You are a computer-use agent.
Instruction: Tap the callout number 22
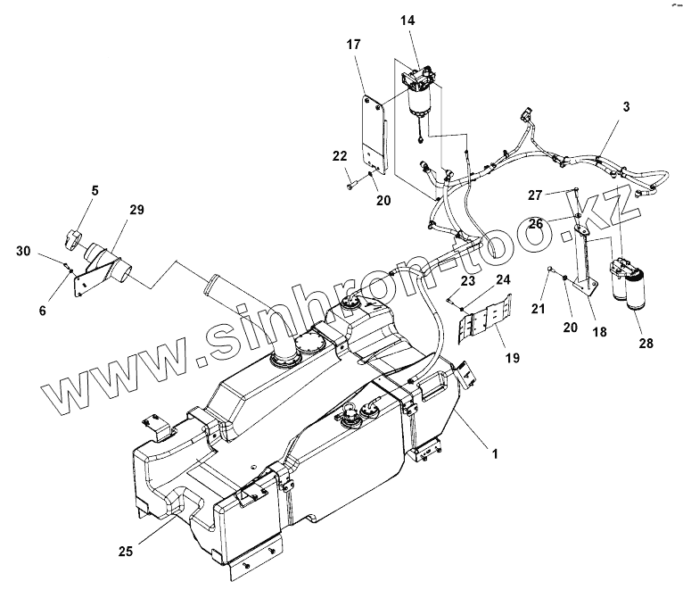click(x=340, y=156)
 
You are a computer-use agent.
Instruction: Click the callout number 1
click(x=495, y=453)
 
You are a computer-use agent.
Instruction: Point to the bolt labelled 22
click(x=349, y=185)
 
